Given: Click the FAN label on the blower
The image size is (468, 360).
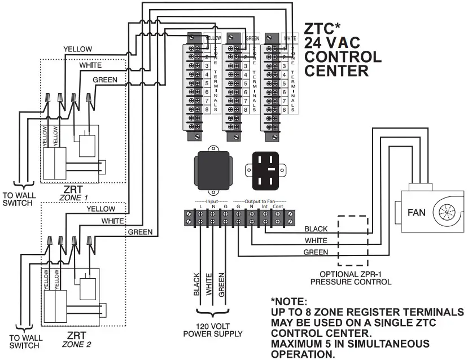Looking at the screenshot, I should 416,212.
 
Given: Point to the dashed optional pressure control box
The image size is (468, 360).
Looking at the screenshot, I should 353,240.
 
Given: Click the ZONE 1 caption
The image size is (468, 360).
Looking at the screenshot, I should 75,199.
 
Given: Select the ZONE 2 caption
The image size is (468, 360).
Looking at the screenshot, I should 75,344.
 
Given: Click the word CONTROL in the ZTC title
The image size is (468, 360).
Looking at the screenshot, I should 343,57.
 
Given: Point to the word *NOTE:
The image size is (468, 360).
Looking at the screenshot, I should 288,301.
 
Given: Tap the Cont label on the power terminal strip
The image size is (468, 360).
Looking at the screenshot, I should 277,208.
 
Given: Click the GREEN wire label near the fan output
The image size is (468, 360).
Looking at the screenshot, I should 316,252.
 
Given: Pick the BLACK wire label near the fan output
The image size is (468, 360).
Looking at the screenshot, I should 316,229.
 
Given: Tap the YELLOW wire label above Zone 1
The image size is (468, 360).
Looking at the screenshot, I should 78,49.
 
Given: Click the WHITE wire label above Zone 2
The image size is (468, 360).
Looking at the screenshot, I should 112,221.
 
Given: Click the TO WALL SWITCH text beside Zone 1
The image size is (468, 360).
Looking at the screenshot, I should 18,199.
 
